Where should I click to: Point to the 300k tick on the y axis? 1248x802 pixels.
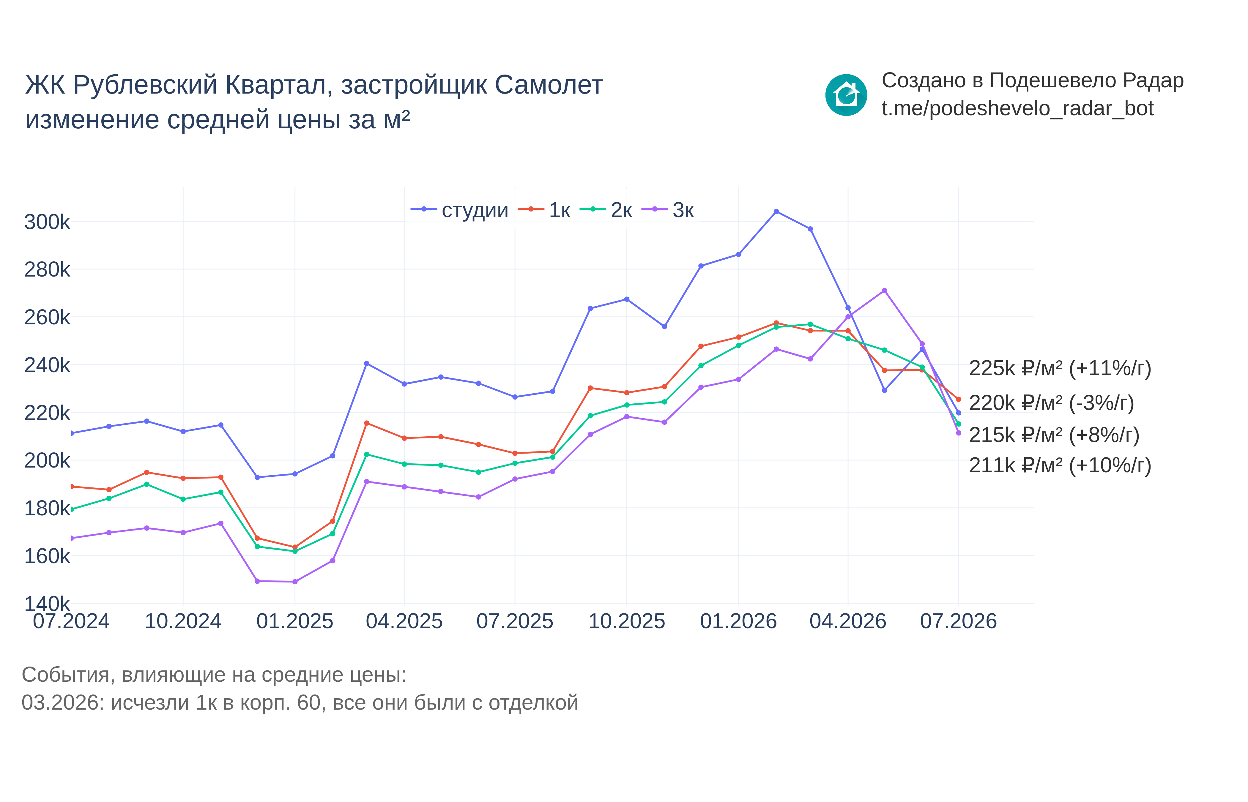tap(47, 222)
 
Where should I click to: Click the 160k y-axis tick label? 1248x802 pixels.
tap(47, 556)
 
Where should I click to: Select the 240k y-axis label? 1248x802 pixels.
tap(47, 365)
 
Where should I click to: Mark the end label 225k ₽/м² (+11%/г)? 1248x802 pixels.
tap(1060, 368)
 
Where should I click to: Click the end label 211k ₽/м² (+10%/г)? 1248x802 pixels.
tap(1060, 465)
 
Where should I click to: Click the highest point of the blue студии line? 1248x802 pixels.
tap(776, 211)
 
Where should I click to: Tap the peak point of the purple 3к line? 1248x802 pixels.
tap(884, 291)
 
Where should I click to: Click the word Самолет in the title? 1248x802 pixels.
tap(549, 85)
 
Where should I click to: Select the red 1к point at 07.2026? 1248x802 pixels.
tap(958, 400)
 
